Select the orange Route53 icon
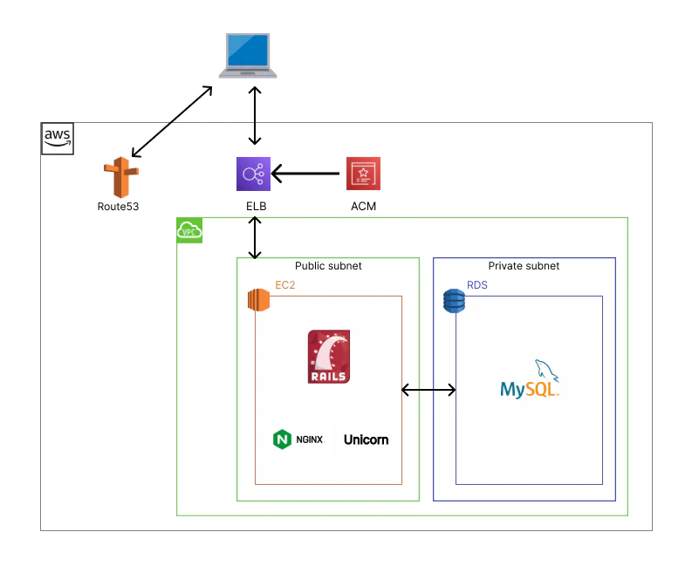(x=118, y=178)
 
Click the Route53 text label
(x=118, y=207)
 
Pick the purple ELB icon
(x=254, y=174)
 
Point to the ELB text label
(x=255, y=207)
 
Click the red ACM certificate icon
(x=363, y=174)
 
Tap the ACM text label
(x=363, y=207)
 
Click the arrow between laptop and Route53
(x=171, y=122)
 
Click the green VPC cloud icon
(x=189, y=230)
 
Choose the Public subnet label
(x=328, y=266)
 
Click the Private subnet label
(x=524, y=266)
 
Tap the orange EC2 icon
(x=259, y=299)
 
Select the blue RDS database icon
(x=454, y=300)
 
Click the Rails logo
(x=329, y=357)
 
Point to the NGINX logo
(x=298, y=439)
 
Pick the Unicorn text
(x=366, y=439)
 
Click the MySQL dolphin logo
(x=530, y=379)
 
